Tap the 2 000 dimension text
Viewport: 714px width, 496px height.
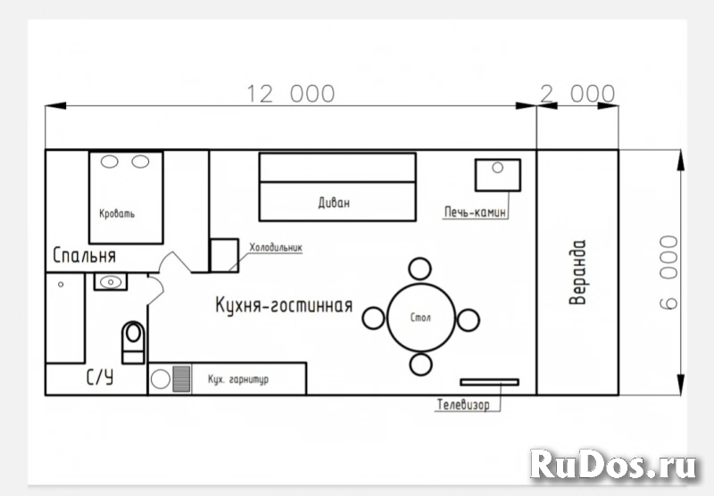pos(578,94)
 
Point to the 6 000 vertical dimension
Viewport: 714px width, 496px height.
pos(668,273)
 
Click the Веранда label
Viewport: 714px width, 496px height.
pos(578,273)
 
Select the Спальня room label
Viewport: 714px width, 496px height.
pos(85,256)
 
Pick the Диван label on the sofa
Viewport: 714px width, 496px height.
pos(334,203)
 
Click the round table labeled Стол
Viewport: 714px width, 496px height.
pos(420,318)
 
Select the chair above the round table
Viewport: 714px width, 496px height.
pos(420,269)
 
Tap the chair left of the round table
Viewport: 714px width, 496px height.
pos(373,318)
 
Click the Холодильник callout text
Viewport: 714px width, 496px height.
pos(277,247)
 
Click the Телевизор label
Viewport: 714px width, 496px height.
pos(463,405)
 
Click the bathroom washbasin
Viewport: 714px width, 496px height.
pos(111,282)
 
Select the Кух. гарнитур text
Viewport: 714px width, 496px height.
pos(238,379)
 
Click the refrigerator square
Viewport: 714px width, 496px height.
pos(223,255)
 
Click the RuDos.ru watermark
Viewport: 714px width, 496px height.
pos(611,463)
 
